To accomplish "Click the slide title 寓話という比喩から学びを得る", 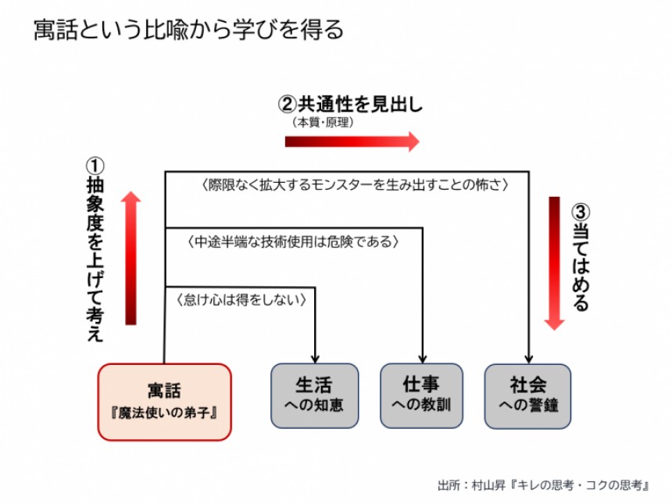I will (188, 30).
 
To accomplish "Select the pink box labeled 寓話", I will (165, 401).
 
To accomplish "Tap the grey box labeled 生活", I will (314, 395).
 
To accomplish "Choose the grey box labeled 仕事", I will (421, 395).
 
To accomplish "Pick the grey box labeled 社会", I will (528, 395).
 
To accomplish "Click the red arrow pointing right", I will (352, 141).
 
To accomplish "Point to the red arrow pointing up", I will (130, 258).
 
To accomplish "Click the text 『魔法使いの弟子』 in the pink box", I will (165, 411).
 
